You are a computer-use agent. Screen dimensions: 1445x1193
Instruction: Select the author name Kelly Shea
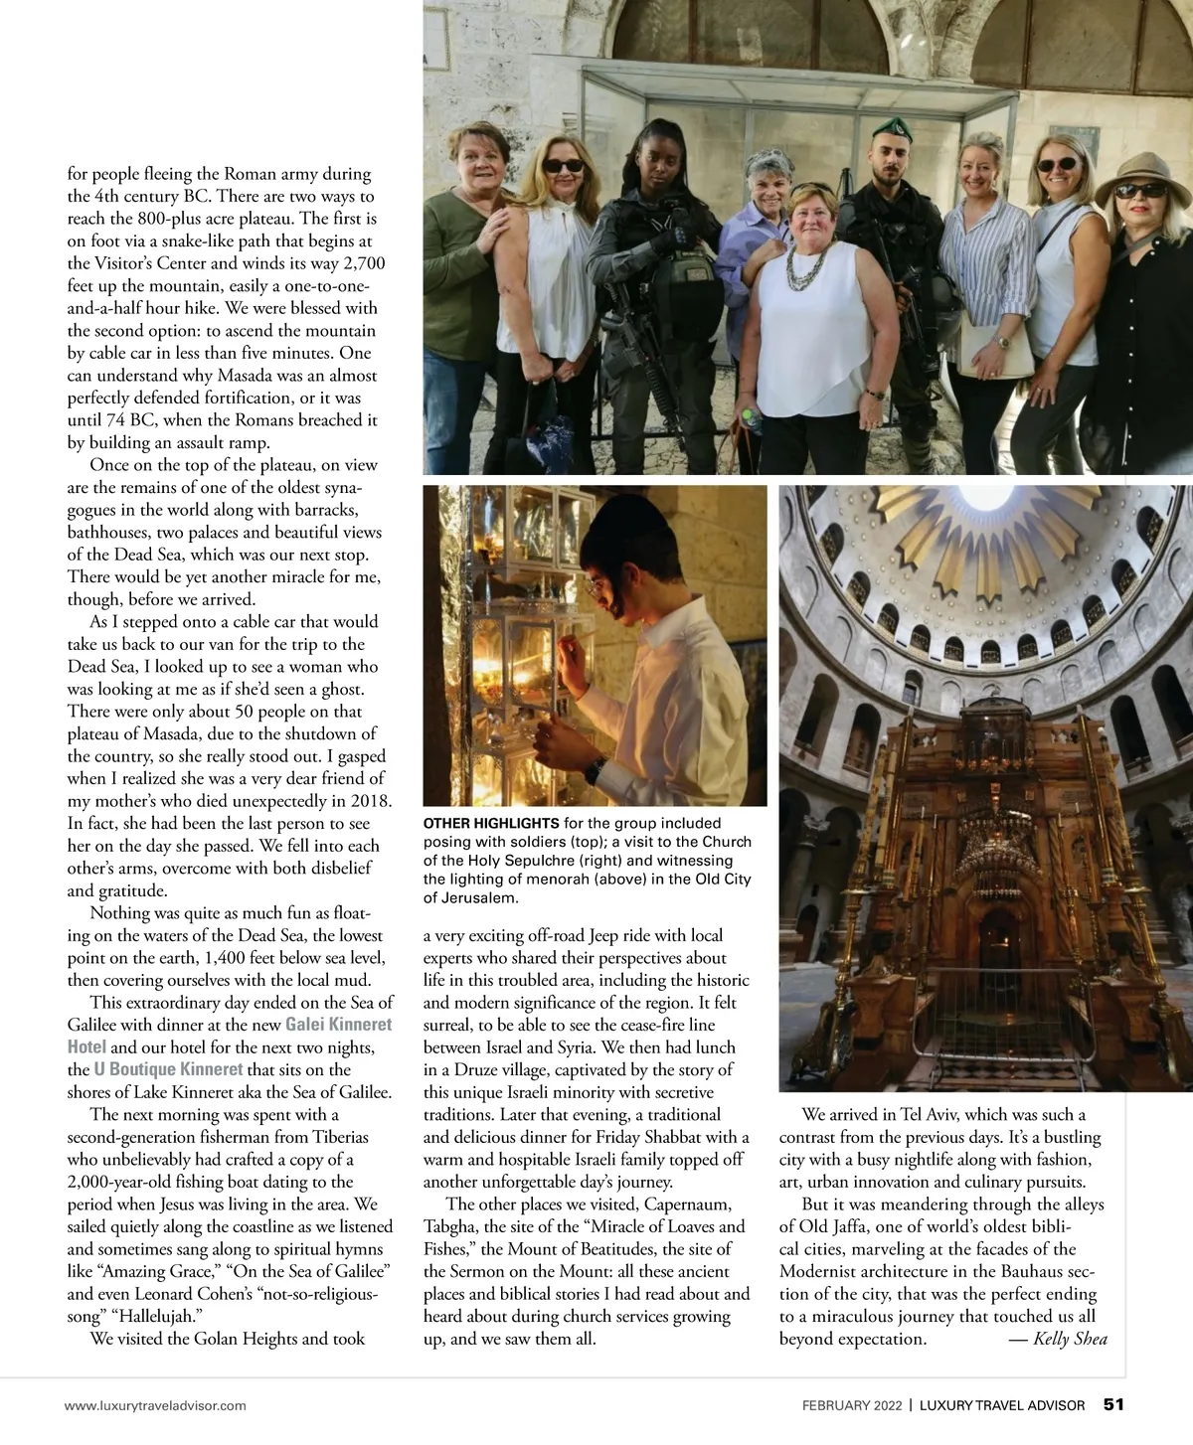[x=1070, y=1339]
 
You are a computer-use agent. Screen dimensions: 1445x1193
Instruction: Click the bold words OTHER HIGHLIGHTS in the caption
[x=490, y=823]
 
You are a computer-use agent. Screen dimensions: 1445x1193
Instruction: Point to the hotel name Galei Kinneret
[x=338, y=1025]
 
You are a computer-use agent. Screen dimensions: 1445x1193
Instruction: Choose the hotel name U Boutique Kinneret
[x=168, y=1069]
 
